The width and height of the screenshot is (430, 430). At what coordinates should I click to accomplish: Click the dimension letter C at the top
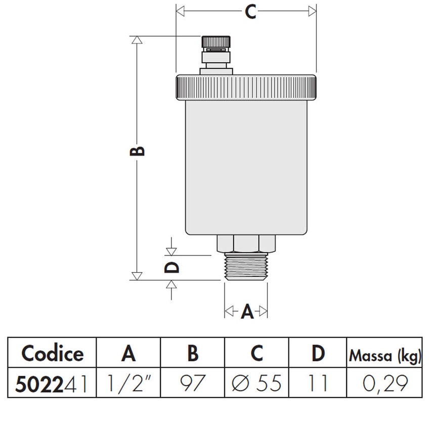tap(250, 12)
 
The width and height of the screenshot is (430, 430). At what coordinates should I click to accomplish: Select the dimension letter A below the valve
tap(246, 311)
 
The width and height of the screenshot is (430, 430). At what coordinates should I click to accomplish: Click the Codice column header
tap(53, 353)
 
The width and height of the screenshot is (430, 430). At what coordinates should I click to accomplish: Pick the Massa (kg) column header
tap(385, 356)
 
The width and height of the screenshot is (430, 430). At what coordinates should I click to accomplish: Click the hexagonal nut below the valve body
tap(246, 243)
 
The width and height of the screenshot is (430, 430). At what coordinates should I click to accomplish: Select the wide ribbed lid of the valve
tap(246, 87)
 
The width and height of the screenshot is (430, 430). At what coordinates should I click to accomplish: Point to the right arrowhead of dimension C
tap(312, 11)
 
